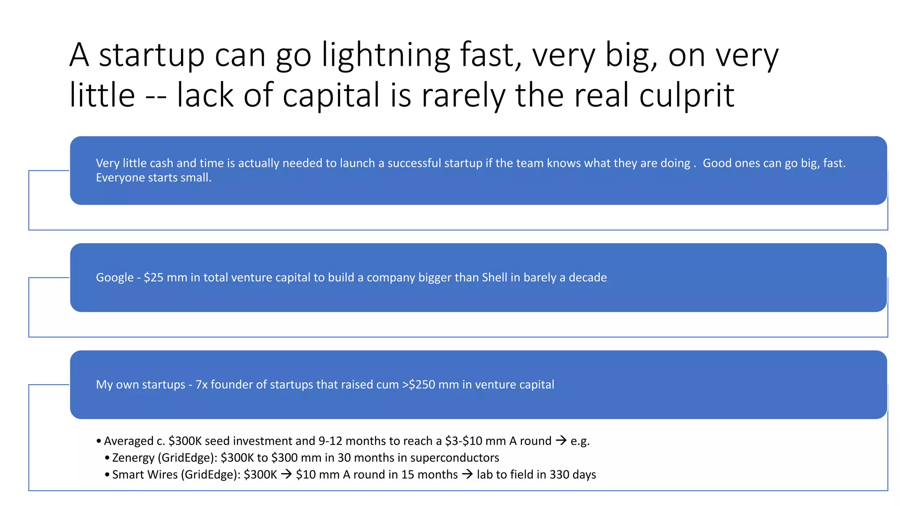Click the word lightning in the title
[386, 55]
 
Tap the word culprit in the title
[686, 95]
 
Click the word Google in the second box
[115, 278]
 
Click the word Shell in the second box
[494, 278]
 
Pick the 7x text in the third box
[202, 385]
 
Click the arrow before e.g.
[561, 440]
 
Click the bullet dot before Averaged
[99, 441]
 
